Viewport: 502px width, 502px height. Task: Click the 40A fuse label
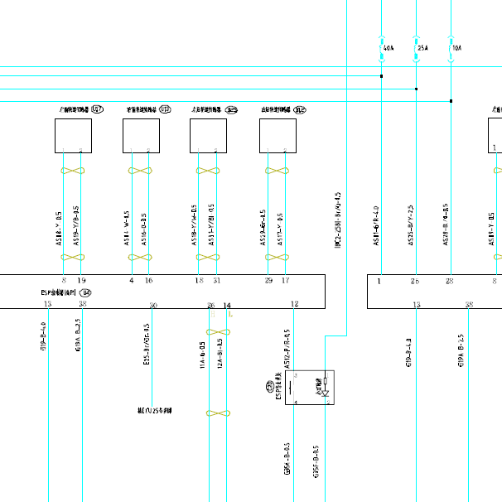(387, 49)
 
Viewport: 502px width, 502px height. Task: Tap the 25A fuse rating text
(422, 49)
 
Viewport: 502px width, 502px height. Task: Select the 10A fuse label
(456, 49)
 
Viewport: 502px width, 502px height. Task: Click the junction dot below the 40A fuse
(381, 76)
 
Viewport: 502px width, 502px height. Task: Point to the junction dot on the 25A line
(416, 89)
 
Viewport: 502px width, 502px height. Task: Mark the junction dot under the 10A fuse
(451, 101)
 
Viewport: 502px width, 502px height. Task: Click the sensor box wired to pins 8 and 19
(73, 136)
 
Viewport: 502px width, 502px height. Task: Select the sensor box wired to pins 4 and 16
(141, 136)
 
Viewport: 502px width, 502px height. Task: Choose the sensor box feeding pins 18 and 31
(208, 136)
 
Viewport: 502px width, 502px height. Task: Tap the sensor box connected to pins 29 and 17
(278, 136)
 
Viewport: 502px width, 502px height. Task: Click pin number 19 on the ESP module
(81, 282)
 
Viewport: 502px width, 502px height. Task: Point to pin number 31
(216, 282)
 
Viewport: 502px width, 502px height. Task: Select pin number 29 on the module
(268, 282)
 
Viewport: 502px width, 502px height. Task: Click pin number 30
(153, 306)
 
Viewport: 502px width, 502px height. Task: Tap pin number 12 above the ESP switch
(295, 306)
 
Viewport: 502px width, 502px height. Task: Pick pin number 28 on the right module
(450, 282)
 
